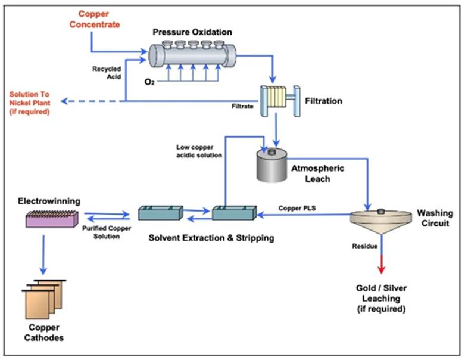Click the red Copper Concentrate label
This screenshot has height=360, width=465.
point(100,18)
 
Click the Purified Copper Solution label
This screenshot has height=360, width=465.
point(102,232)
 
